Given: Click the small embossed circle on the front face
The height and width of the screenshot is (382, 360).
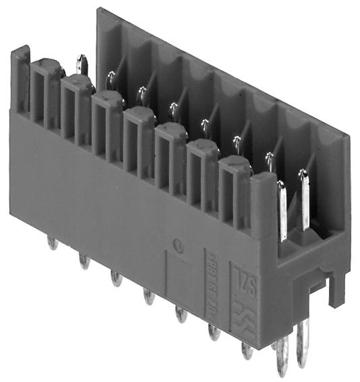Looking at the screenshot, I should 177,245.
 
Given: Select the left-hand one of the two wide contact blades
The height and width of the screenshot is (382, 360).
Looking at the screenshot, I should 281,209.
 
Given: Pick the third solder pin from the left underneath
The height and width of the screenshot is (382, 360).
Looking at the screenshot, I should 115,278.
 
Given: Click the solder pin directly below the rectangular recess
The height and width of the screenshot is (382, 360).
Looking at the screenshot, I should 180,314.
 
